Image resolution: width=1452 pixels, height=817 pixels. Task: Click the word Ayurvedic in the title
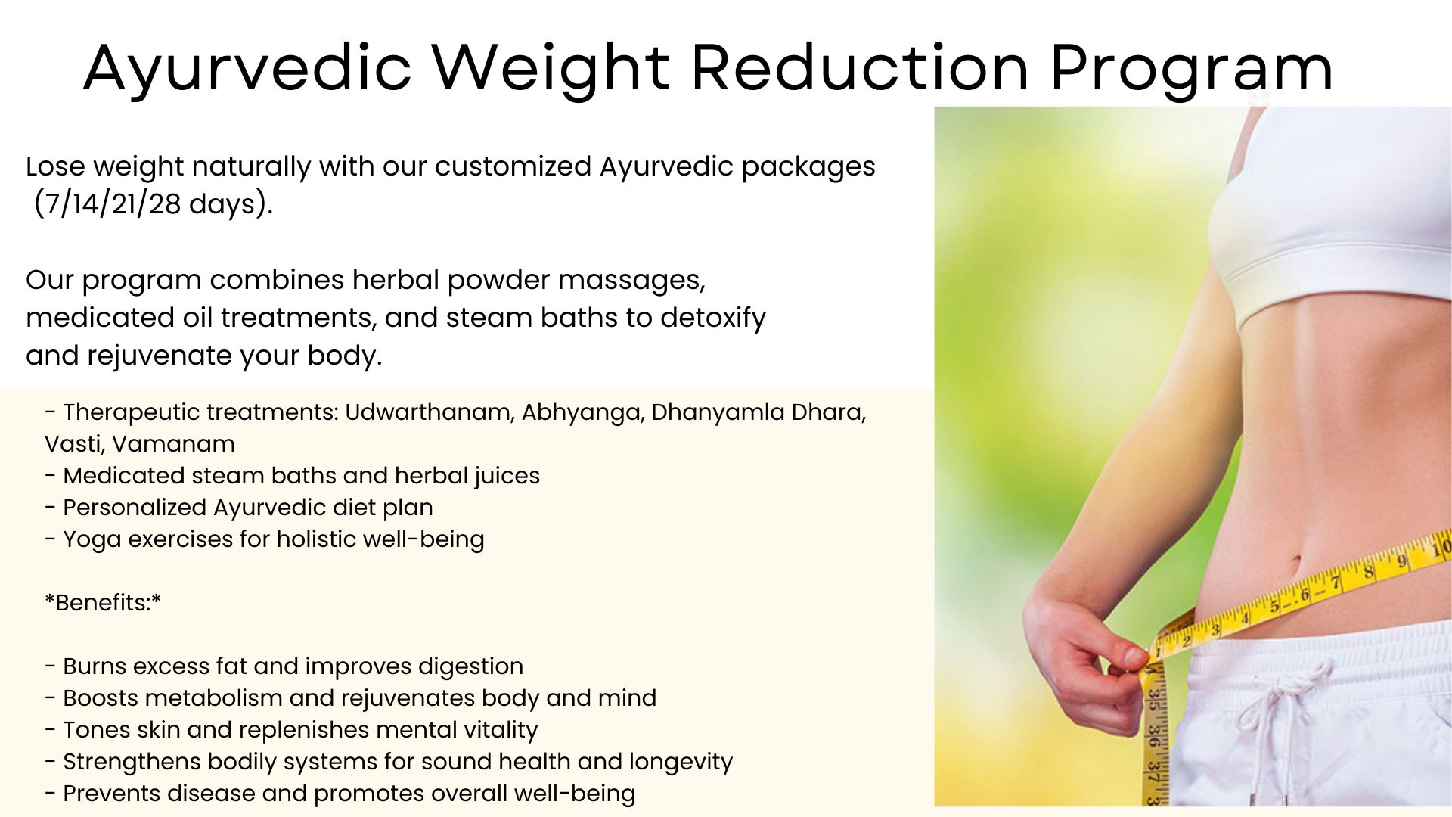(247, 69)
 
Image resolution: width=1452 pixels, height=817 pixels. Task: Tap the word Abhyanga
(582, 413)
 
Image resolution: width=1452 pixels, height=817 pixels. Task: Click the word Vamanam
(173, 444)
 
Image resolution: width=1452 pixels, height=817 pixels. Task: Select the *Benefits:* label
(103, 603)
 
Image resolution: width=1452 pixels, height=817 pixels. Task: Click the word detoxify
(713, 318)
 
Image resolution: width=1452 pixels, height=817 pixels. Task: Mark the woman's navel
(1294, 564)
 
